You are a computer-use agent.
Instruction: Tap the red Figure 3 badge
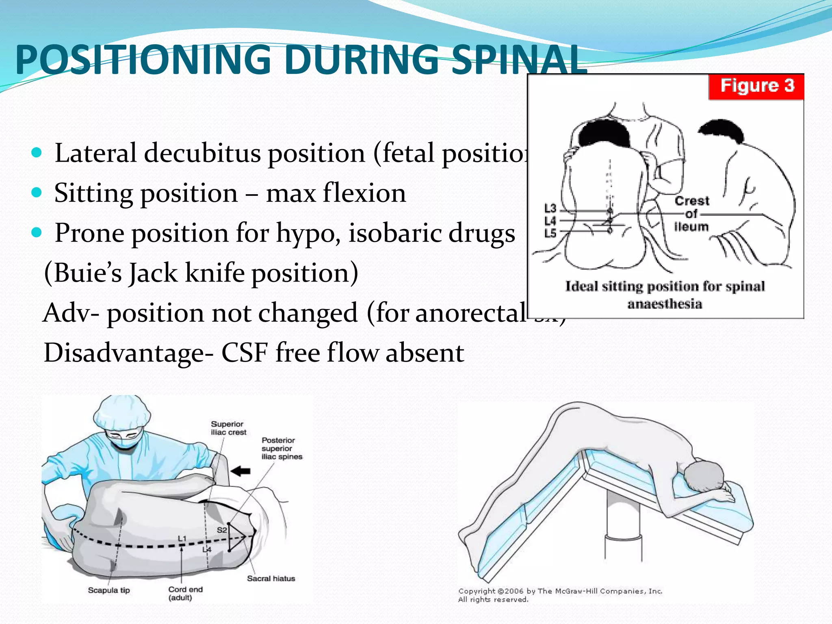tap(756, 86)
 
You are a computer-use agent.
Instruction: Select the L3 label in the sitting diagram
tap(550, 208)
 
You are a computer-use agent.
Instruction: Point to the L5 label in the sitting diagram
tap(550, 233)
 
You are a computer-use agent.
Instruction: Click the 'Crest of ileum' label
tap(691, 214)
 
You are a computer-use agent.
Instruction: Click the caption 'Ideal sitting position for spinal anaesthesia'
tap(665, 295)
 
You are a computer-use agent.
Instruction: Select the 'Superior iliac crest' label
tap(228, 428)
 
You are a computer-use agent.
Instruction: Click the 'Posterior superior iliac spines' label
tap(282, 448)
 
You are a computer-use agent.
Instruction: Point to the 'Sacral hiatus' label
tap(271, 578)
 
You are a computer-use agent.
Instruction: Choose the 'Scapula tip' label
tap(109, 590)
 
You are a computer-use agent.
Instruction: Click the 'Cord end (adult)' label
tap(185, 594)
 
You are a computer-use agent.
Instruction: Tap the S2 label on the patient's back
tap(222, 530)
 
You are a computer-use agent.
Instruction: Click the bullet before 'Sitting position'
tap(37, 192)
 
